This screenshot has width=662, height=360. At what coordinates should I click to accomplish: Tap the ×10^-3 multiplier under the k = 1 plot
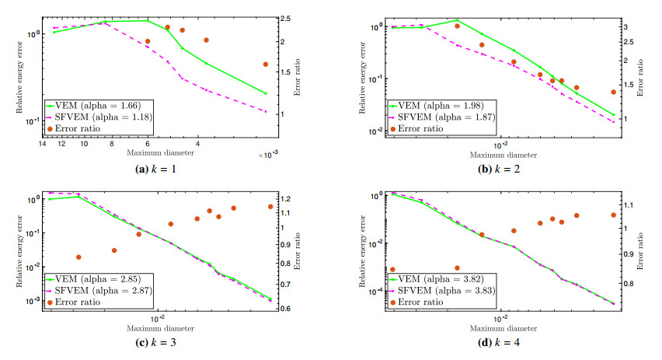pos(267,156)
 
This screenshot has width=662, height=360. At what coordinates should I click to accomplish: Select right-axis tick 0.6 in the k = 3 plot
pos(287,309)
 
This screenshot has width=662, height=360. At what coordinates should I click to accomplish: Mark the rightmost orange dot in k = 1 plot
pos(265,65)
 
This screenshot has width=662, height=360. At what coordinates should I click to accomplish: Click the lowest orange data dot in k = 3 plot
pos(78,257)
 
